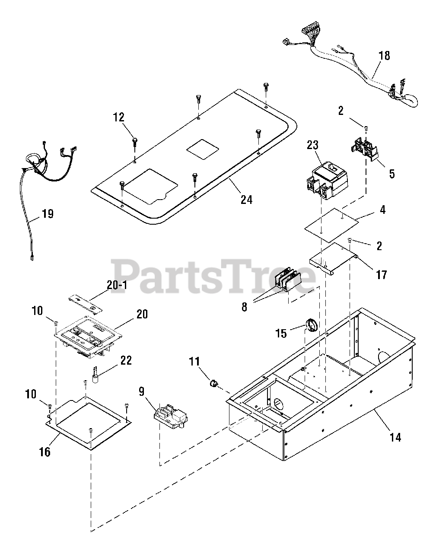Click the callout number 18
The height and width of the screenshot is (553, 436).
click(384, 55)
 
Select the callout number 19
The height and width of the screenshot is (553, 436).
click(48, 213)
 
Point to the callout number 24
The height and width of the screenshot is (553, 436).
click(247, 199)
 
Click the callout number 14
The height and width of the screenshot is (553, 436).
click(395, 437)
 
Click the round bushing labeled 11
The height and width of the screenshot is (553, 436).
click(213, 383)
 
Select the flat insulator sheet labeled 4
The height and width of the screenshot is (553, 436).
click(332, 224)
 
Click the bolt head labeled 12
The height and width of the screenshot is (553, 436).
click(135, 139)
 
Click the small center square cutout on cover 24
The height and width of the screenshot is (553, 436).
click(203, 149)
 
